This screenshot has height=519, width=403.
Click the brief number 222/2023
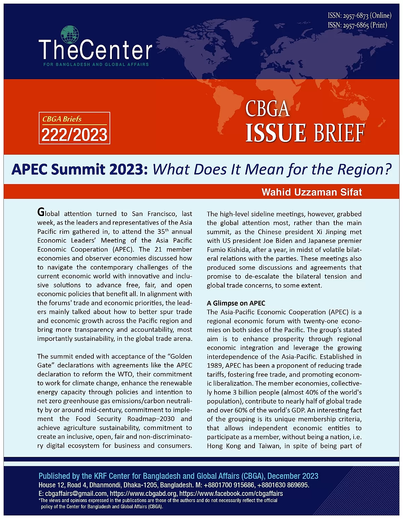coord(75,135)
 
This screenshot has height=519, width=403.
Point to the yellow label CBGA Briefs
coord(62,119)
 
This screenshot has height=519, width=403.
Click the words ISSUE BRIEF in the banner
coord(305,133)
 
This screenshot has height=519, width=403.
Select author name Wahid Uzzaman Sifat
coord(312,192)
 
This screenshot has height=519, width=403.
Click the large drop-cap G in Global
coord(41,212)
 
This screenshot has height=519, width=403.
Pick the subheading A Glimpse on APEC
coord(236,303)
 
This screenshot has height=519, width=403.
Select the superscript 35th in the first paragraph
coord(163,231)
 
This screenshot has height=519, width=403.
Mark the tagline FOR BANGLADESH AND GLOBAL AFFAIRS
coord(96,64)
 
